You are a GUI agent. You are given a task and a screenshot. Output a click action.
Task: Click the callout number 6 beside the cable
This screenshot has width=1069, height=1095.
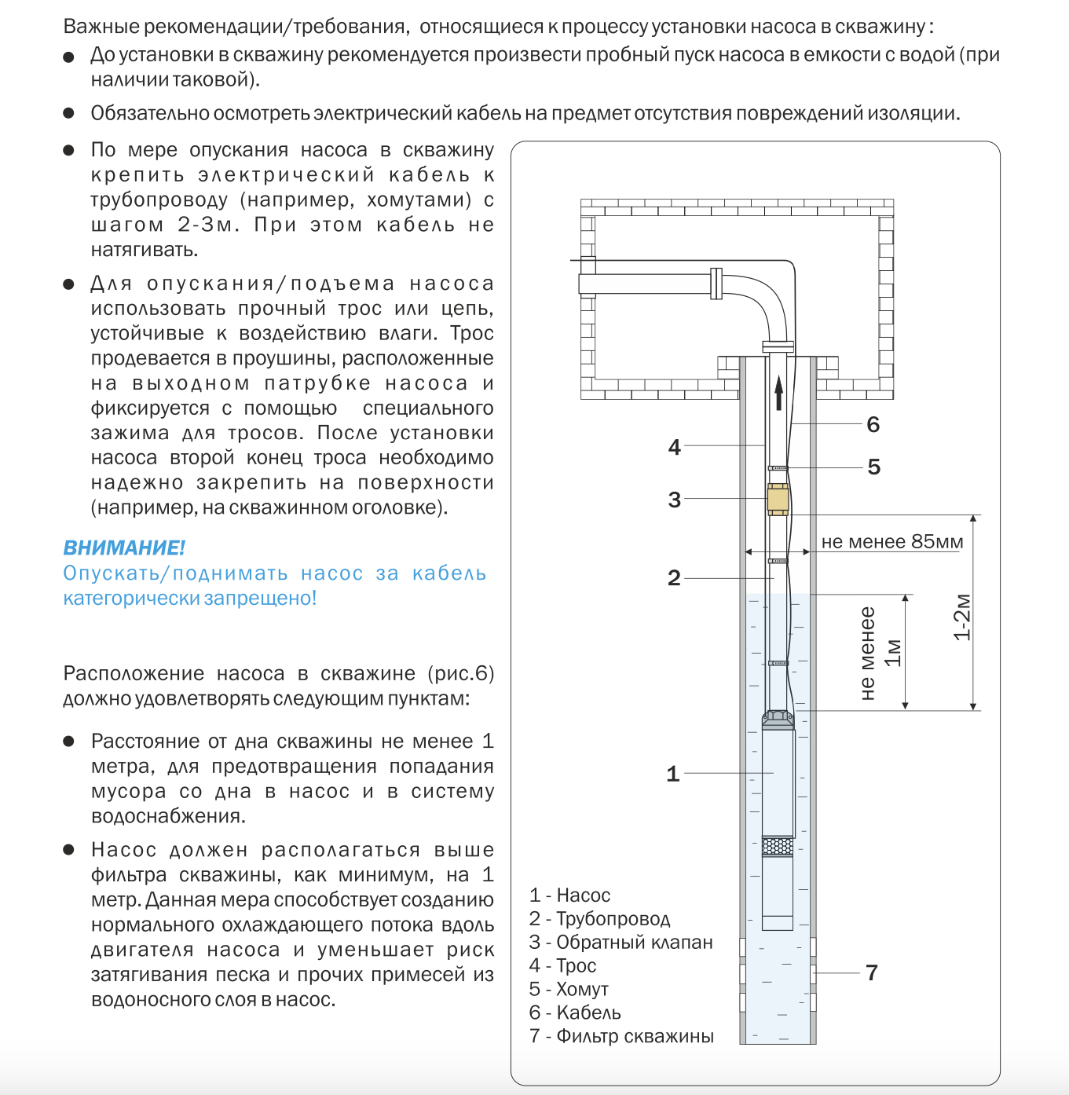tap(873, 425)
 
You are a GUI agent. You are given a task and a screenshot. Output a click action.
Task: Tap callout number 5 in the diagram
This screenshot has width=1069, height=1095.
tap(873, 467)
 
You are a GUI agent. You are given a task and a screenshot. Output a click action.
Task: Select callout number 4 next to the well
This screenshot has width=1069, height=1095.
tap(674, 447)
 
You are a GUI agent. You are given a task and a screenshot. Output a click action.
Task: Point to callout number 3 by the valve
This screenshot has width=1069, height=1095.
tap(674, 500)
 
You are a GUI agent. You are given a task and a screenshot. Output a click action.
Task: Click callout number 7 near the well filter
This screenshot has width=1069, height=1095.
tap(871, 972)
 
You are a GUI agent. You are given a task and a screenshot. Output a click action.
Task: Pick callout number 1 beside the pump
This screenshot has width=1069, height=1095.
tap(672, 774)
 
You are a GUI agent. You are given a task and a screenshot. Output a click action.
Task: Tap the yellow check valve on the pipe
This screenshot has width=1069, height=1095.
tap(778, 500)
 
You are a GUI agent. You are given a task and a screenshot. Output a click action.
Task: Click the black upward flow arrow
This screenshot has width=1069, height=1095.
tap(778, 393)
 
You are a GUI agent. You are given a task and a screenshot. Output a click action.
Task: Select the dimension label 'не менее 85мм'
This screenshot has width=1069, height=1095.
tap(891, 542)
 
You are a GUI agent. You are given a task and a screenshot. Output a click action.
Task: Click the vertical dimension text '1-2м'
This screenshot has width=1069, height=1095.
tap(962, 617)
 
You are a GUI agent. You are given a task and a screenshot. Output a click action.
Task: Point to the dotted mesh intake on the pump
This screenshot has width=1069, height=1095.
tap(778, 847)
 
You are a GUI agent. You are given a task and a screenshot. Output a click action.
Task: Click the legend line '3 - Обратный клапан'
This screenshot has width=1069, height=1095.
tap(621, 942)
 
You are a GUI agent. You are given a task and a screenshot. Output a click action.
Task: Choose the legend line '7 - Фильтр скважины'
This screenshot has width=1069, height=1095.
tap(621, 1036)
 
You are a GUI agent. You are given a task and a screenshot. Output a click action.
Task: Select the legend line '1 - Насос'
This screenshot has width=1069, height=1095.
tap(569, 895)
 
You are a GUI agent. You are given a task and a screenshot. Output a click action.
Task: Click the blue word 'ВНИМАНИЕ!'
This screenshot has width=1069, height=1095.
tap(124, 547)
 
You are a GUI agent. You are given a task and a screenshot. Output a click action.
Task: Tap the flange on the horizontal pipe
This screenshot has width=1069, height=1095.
tap(716, 284)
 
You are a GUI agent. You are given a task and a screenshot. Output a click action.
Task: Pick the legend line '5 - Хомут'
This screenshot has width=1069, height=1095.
tap(569, 989)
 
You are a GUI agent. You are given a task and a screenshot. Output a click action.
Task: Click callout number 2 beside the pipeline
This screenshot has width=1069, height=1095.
tap(674, 578)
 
